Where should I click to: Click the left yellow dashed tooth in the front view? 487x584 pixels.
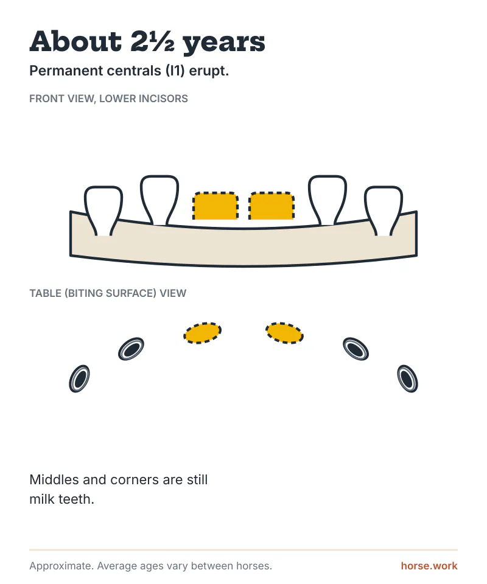pyautogui.click(x=215, y=206)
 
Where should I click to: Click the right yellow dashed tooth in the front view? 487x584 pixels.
pyautogui.click(x=272, y=206)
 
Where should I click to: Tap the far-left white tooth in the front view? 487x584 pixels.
pyautogui.click(x=103, y=210)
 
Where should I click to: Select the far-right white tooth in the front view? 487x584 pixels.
pyautogui.click(x=384, y=210)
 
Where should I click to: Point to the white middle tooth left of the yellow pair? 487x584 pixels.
pyautogui.click(x=159, y=200)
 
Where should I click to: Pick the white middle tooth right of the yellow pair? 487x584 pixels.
pyautogui.click(x=328, y=200)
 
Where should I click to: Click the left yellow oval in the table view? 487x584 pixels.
pyautogui.click(x=202, y=333)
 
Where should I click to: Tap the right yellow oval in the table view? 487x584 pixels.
pyautogui.click(x=285, y=333)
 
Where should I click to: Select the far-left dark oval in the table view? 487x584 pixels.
pyautogui.click(x=79, y=378)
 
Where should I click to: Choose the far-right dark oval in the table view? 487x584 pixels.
pyautogui.click(x=408, y=378)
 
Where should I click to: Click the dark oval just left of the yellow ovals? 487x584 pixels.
pyautogui.click(x=131, y=349)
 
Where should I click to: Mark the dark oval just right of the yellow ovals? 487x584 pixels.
pyautogui.click(x=356, y=349)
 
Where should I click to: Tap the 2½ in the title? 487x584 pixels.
pyautogui.click(x=152, y=41)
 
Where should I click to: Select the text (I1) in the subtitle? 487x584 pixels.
pyautogui.click(x=175, y=71)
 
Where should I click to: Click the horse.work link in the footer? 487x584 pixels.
pyautogui.click(x=429, y=566)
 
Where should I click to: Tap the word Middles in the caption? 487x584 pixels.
pyautogui.click(x=54, y=480)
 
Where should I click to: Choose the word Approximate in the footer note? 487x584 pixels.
pyautogui.click(x=61, y=566)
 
